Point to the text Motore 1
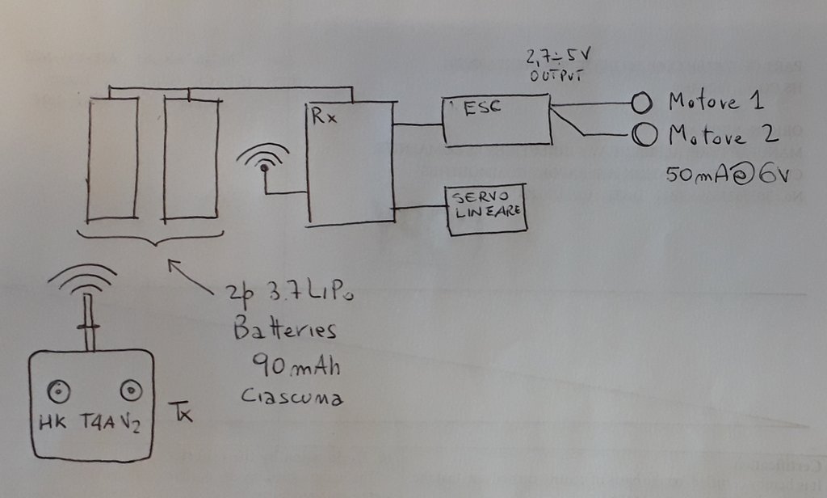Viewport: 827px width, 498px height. (x=716, y=103)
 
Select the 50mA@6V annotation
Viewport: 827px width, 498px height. (x=724, y=172)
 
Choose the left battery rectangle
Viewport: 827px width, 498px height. (x=112, y=158)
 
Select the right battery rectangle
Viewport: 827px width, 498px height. (x=191, y=158)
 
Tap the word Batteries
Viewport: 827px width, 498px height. (x=284, y=331)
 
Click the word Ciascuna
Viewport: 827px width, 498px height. (x=292, y=398)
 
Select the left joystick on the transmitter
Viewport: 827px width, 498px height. (x=57, y=392)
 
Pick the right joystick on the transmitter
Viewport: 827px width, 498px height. (x=128, y=392)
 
